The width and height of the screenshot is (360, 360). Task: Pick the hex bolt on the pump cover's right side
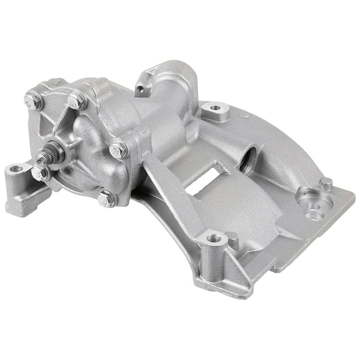(x=118, y=149)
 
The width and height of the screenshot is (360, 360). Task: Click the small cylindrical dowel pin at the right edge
(x=326, y=183)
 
